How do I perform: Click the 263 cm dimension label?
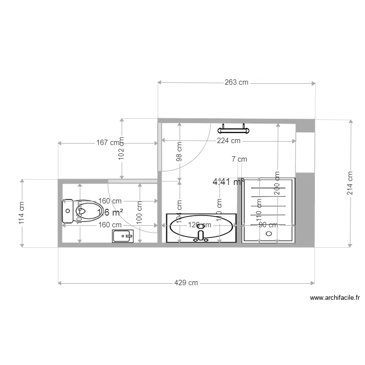point(237,83)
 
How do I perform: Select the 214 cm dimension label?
point(350,182)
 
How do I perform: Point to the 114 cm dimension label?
point(22,213)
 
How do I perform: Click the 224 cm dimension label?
point(229,141)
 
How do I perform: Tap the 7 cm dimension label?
point(239,159)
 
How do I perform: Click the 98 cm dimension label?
point(180,151)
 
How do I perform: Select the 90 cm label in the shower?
point(268,225)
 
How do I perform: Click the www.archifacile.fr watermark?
point(334,298)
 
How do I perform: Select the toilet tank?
point(67,212)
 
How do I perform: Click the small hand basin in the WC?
point(123,237)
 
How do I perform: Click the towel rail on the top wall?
point(234,129)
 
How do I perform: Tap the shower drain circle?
point(268,233)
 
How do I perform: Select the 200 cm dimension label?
point(277,183)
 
